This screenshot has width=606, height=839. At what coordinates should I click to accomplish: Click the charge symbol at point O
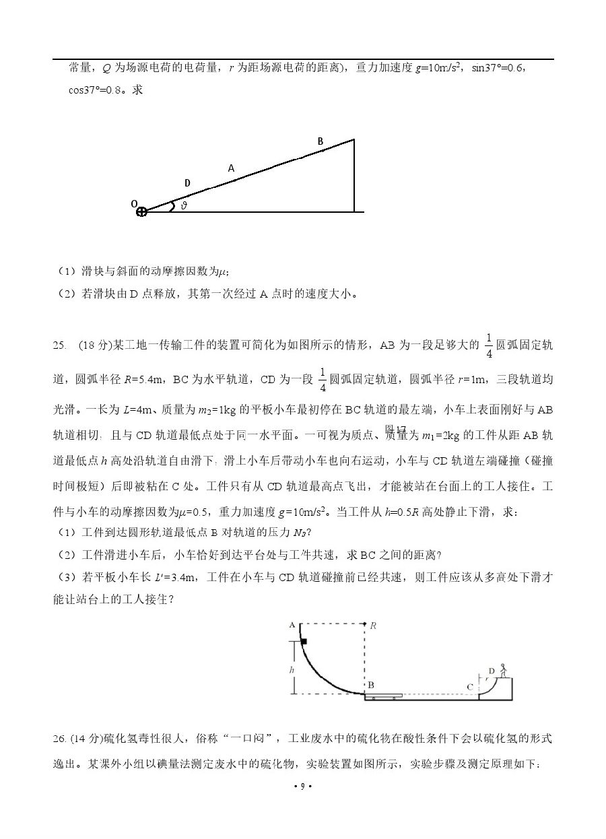click(x=141, y=211)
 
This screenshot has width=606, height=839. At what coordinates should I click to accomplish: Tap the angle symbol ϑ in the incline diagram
click(x=183, y=206)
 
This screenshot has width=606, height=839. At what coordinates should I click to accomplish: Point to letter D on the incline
click(x=187, y=183)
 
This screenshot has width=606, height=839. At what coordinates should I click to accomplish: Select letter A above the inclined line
click(x=231, y=168)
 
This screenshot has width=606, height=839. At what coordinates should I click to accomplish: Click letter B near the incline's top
click(x=321, y=141)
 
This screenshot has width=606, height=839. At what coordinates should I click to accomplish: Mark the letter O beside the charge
click(x=134, y=203)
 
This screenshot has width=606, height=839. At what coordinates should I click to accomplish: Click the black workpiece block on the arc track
click(x=304, y=642)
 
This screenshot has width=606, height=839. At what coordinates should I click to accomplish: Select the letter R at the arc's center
click(x=372, y=626)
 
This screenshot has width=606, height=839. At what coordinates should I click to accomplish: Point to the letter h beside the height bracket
click(x=291, y=670)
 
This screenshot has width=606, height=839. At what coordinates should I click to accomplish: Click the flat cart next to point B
click(x=384, y=695)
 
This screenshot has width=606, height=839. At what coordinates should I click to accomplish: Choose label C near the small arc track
click(x=469, y=687)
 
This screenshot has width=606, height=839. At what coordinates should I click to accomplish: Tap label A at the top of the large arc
click(x=292, y=625)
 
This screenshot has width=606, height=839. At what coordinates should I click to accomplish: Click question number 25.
click(x=59, y=345)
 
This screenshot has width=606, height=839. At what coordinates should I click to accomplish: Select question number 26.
click(x=59, y=739)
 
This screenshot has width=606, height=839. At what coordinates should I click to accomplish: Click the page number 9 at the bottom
click(x=303, y=786)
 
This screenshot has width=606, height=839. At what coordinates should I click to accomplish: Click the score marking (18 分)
click(x=96, y=345)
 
